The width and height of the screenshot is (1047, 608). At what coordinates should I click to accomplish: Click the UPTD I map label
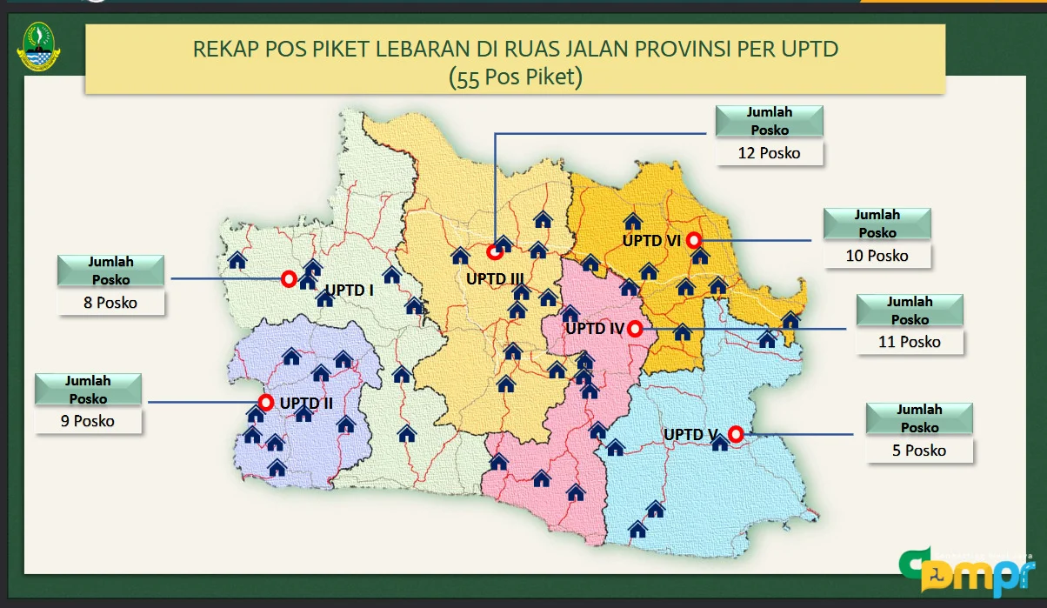pyautogui.click(x=349, y=291)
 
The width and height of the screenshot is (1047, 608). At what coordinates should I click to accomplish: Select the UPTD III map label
pyautogui.click(x=495, y=279)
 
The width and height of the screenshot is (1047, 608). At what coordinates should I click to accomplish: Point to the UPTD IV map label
pyautogui.click(x=595, y=329)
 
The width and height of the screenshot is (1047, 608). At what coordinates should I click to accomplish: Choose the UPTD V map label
pyautogui.click(x=690, y=434)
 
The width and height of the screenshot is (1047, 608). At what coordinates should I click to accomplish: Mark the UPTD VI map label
pyautogui.click(x=651, y=240)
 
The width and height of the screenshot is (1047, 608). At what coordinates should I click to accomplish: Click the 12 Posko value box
pyautogui.click(x=769, y=153)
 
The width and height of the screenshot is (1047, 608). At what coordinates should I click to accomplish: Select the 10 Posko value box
pyautogui.click(x=877, y=256)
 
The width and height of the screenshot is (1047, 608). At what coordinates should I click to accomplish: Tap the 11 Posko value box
pyautogui.click(x=910, y=342)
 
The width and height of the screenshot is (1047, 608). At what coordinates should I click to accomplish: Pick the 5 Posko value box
pyautogui.click(x=919, y=451)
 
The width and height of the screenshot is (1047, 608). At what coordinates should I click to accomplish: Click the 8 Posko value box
pyautogui.click(x=110, y=303)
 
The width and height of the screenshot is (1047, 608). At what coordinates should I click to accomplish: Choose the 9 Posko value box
pyautogui.click(x=87, y=421)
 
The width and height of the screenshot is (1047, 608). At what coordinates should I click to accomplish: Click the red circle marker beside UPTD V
pyautogui.click(x=736, y=433)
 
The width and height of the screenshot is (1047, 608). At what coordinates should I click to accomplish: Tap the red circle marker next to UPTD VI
pyautogui.click(x=694, y=239)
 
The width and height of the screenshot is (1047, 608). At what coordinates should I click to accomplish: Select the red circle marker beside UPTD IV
pyautogui.click(x=635, y=329)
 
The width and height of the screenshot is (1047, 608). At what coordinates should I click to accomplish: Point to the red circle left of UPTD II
pyautogui.click(x=266, y=403)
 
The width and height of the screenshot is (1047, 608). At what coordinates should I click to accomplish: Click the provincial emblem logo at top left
pyautogui.click(x=36, y=46)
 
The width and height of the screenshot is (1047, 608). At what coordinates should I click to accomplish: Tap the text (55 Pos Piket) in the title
pyautogui.click(x=515, y=77)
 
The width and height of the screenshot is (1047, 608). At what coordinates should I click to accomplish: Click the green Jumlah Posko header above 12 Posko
pyautogui.click(x=769, y=121)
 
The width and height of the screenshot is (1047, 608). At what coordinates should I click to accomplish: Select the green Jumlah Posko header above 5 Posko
pyautogui.click(x=919, y=418)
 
